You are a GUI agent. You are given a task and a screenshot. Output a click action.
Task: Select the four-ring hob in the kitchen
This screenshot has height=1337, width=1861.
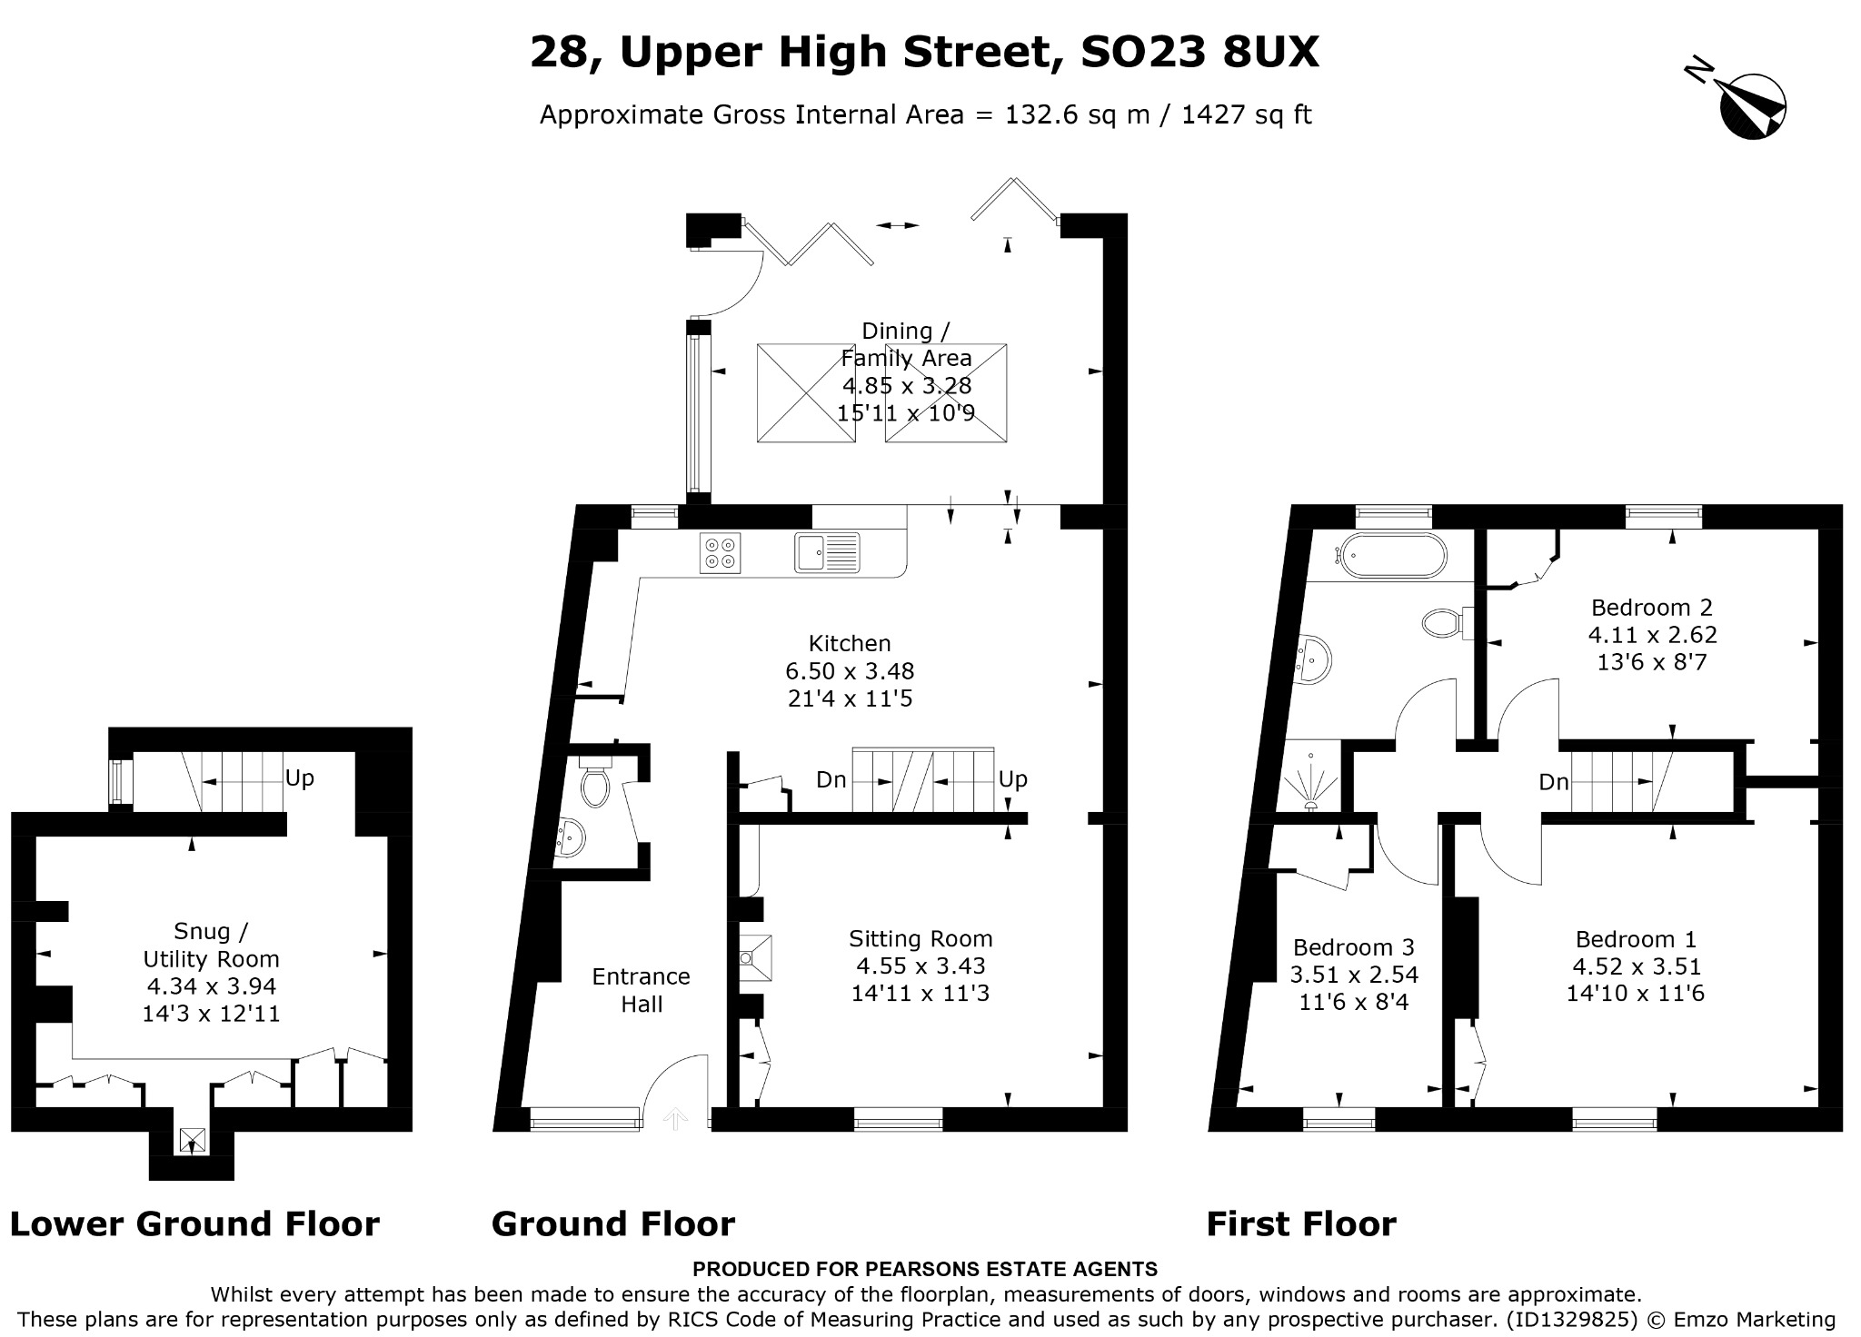tap(720, 553)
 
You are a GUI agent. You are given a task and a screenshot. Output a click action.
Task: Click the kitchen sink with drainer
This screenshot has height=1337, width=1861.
tap(827, 553)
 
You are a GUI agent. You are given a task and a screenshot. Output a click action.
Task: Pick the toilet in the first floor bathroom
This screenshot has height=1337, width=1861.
tap(1446, 623)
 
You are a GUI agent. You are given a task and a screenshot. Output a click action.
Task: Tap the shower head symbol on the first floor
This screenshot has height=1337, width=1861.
tap(1311, 782)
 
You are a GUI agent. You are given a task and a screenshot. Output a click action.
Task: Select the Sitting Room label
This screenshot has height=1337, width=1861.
tap(921, 938)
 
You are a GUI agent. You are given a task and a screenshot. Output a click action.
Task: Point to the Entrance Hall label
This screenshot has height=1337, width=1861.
tap(641, 990)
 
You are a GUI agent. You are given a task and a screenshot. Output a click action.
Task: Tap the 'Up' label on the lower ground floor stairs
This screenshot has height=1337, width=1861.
tap(300, 778)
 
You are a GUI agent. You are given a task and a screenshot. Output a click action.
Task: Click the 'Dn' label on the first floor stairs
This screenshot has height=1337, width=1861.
tap(1554, 782)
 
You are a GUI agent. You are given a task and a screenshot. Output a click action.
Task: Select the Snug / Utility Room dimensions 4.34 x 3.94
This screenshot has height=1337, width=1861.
tap(211, 986)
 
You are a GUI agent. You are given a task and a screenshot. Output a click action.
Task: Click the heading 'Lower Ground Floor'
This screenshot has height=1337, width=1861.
tap(194, 1224)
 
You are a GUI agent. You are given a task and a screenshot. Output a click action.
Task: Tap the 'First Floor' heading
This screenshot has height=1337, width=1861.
tap(1301, 1224)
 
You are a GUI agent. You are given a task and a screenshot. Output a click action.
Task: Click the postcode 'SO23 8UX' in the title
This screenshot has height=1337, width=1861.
tap(1199, 52)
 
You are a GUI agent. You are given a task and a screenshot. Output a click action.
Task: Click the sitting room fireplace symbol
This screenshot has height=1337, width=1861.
tap(754, 958)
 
